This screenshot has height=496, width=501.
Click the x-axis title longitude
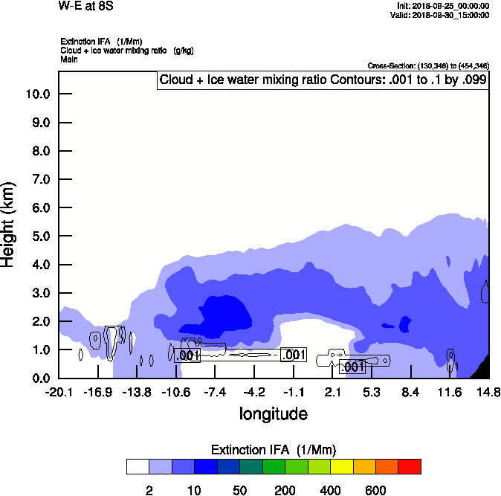[x=273, y=413]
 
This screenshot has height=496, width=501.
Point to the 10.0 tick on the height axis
[x=36, y=94]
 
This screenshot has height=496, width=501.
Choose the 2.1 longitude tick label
[x=333, y=392]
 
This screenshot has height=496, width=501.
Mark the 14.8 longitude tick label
[x=488, y=392]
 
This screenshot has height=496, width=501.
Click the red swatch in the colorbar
[x=410, y=467]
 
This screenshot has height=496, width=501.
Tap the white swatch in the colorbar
[x=138, y=467]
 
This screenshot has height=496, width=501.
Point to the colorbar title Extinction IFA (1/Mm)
[x=273, y=450]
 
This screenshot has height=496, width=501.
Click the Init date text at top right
[x=444, y=6]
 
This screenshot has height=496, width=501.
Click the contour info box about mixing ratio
[x=323, y=80]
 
